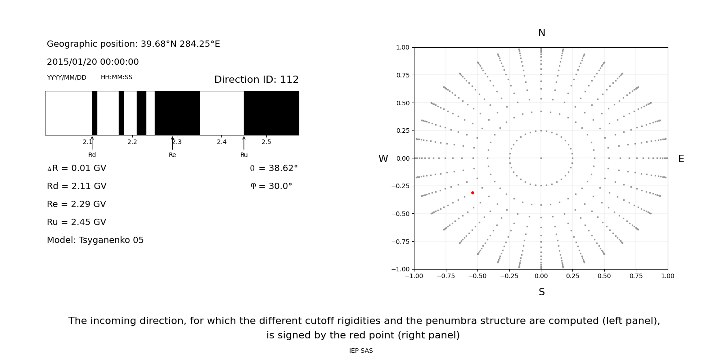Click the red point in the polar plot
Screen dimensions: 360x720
[x=472, y=193]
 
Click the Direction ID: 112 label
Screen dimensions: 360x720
[x=256, y=80]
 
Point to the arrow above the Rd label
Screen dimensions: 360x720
[x=92, y=143]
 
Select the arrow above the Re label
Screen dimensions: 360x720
[x=172, y=143]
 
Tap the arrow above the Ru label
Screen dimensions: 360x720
[x=244, y=143]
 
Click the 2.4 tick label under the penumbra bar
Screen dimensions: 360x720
[x=222, y=142]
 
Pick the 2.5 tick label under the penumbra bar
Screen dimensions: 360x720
[x=266, y=142]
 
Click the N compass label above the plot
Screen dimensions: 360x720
[x=542, y=33]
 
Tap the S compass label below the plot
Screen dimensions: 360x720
[x=542, y=292]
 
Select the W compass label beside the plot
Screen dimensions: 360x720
[x=383, y=159]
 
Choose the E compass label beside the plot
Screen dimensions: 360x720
[x=681, y=159]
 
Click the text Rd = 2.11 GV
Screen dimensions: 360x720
[x=76, y=186]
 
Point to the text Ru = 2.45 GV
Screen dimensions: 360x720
[x=76, y=222]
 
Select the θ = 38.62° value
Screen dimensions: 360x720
[x=274, y=168]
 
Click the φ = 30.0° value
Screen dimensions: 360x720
[x=271, y=186]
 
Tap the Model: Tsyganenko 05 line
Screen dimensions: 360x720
[x=95, y=240]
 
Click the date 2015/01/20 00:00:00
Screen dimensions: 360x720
[x=93, y=62]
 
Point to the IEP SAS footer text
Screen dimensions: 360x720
[x=361, y=351]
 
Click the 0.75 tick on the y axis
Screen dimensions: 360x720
[x=403, y=75]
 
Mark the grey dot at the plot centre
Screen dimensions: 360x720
[x=541, y=158]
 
